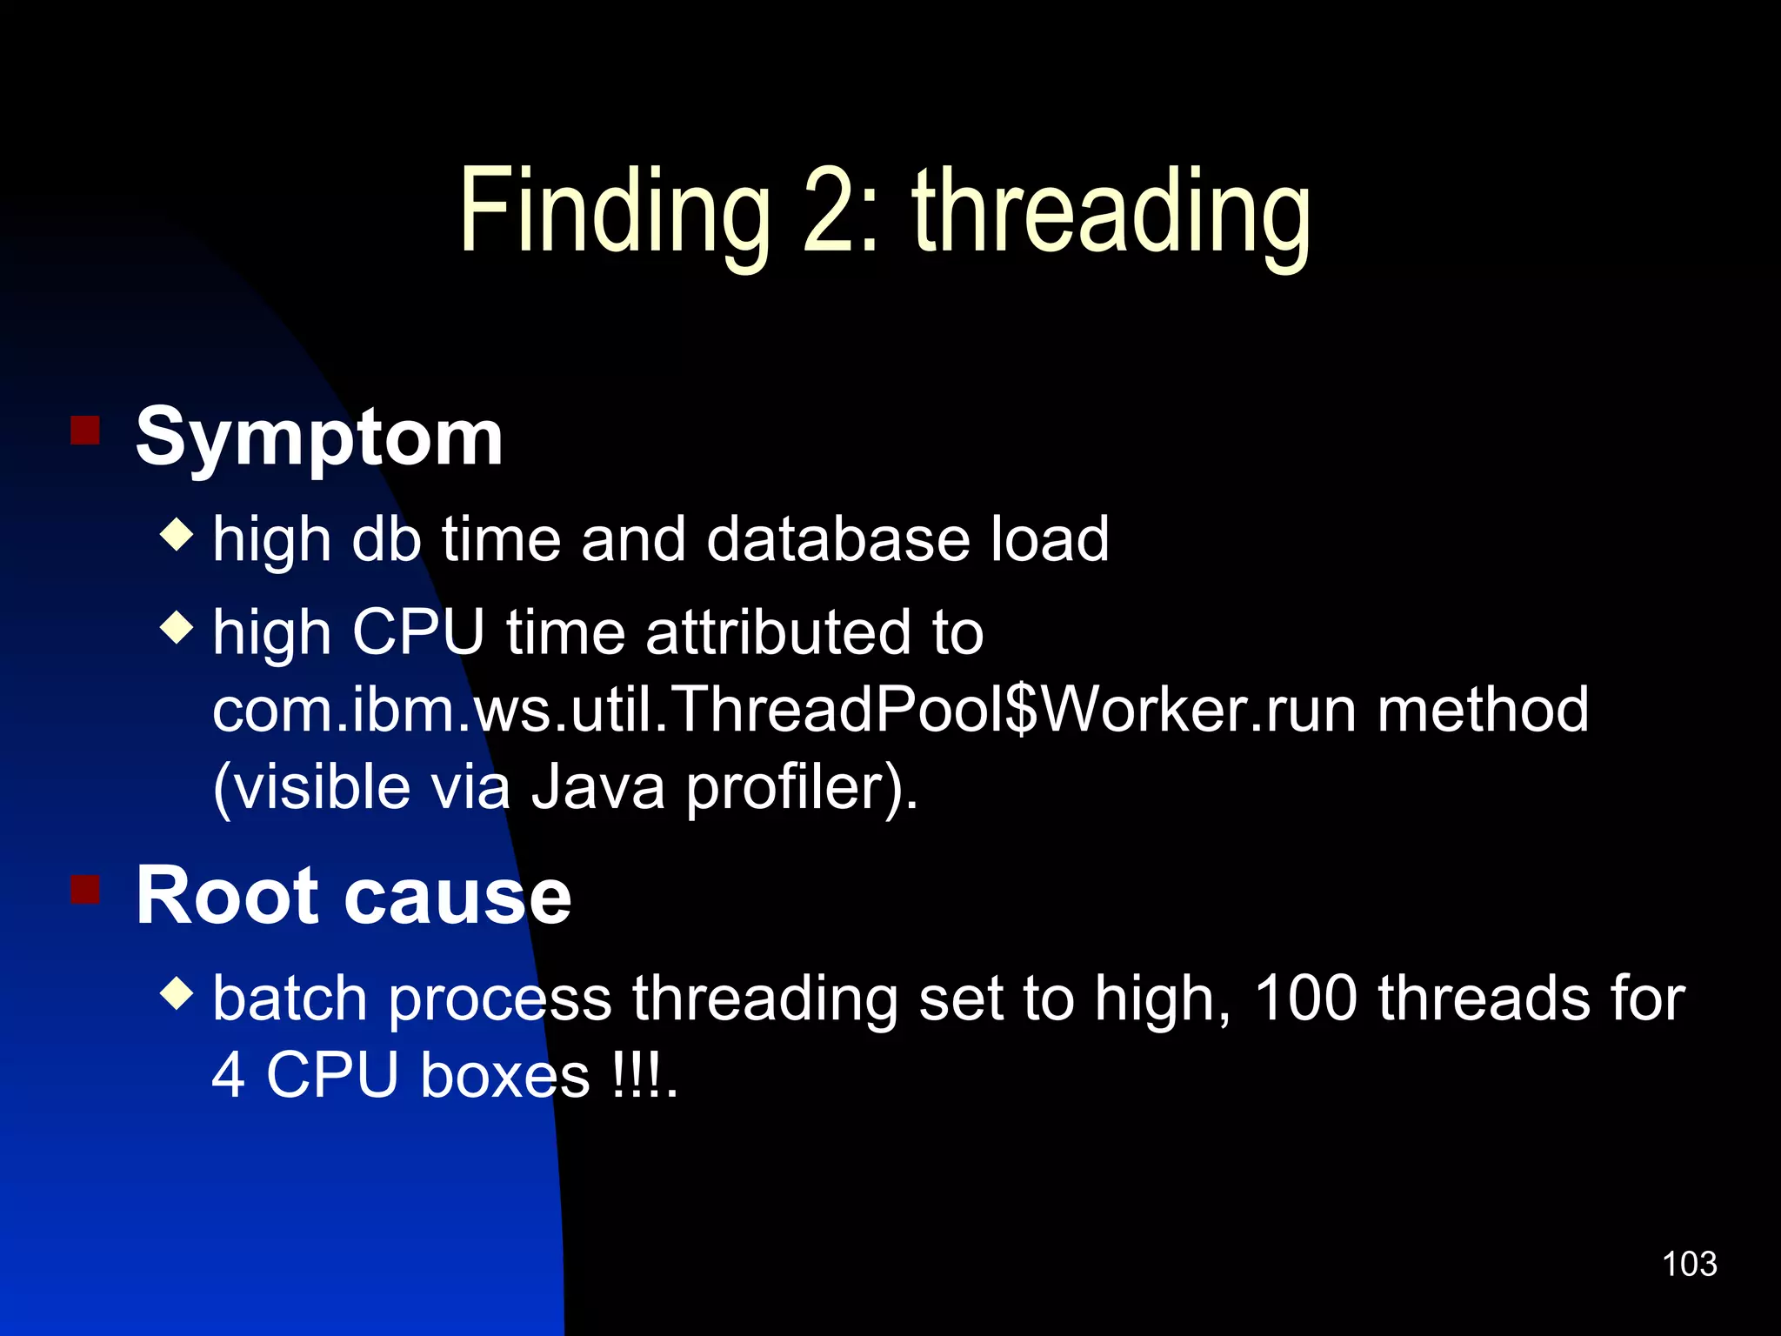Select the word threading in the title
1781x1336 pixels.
click(x=1111, y=213)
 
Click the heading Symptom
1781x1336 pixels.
click(x=319, y=438)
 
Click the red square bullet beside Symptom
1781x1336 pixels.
click(x=85, y=430)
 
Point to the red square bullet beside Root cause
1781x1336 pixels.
click(x=85, y=889)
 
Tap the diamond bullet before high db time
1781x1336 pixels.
click(x=177, y=534)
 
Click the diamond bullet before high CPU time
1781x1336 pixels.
click(x=177, y=626)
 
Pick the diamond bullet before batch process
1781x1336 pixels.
click(x=177, y=992)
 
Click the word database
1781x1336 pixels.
click(x=838, y=539)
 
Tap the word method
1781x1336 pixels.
click(x=1483, y=710)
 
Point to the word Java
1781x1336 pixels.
click(x=597, y=787)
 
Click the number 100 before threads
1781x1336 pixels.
click(x=1305, y=998)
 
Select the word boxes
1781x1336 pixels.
click(x=505, y=1075)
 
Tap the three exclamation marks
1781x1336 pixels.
click(x=637, y=1075)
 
